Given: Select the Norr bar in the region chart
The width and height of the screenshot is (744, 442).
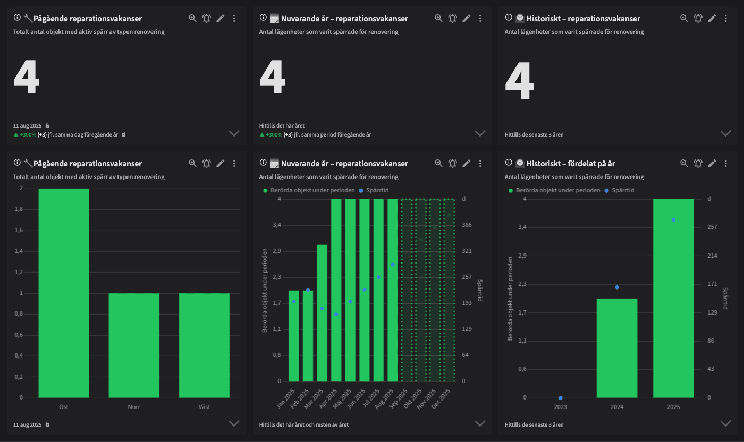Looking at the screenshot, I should pos(134,345).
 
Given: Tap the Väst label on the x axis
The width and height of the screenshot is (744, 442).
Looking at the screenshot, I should pos(204,407).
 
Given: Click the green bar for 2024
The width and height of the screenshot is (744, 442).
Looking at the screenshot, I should pos(617,348).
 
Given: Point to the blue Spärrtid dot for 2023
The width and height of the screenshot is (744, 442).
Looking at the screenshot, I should pos(561,398).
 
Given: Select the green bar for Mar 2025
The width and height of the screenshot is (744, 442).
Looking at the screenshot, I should pos(322,313).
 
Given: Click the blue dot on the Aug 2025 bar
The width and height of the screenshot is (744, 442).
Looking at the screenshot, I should pos(392,264).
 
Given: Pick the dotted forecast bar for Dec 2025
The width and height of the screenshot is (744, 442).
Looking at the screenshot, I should pos(449,290).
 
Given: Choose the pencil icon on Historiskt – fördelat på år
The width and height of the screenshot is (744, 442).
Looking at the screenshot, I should pos(712,163).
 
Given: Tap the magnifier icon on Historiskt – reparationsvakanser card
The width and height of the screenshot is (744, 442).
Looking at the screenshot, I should pos(684,18).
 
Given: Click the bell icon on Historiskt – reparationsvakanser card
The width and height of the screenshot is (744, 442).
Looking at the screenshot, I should pos(698,18).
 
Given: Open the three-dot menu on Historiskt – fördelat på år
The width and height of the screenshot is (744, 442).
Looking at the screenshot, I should pos(726,163).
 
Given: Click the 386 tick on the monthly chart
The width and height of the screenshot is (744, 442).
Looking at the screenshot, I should pos(467,225).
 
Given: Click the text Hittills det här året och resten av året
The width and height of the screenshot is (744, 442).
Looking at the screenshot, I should pos(304,424).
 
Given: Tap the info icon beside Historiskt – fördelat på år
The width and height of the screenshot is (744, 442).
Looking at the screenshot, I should pos(509,163).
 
